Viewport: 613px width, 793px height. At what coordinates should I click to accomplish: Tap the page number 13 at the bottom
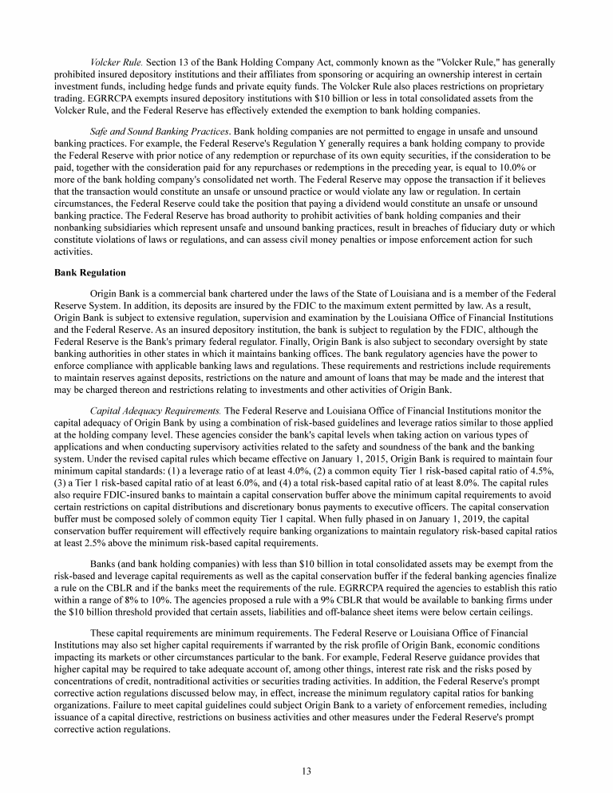306,771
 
